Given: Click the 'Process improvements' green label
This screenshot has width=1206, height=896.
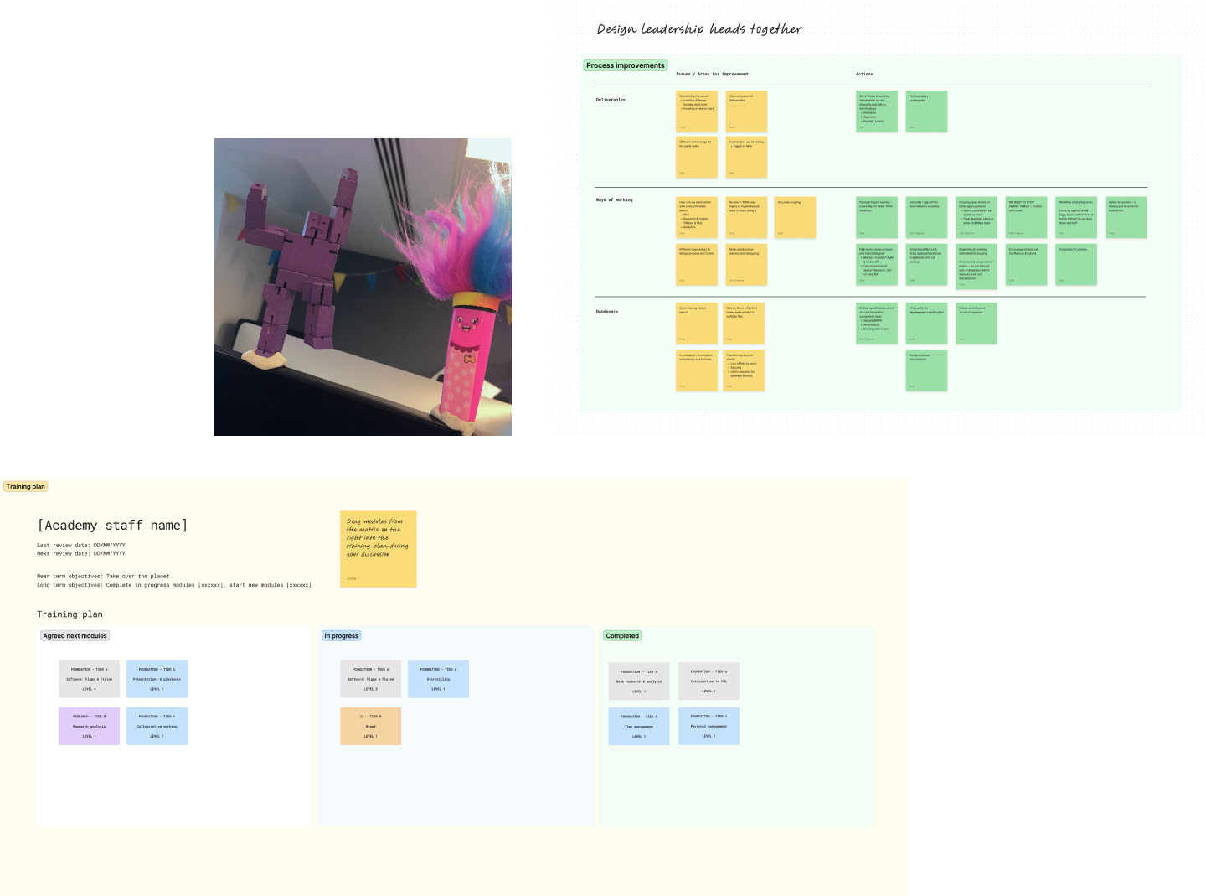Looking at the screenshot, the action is [x=625, y=65].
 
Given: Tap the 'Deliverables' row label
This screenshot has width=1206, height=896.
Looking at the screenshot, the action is [x=611, y=100].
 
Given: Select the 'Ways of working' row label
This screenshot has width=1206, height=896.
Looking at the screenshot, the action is [x=614, y=200].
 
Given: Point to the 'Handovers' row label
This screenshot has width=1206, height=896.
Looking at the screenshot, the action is [x=607, y=312].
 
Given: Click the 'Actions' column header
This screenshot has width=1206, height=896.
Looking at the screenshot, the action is [x=864, y=75].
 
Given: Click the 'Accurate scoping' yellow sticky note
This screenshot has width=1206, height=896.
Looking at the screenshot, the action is [x=795, y=217].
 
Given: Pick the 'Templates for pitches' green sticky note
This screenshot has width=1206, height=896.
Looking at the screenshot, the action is [x=1076, y=264].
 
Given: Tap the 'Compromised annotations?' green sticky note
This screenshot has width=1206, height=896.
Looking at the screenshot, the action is [x=926, y=370].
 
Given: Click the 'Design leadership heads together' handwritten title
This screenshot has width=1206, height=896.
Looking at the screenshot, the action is [x=698, y=29].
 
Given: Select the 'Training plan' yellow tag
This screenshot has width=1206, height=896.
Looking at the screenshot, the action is [x=25, y=487].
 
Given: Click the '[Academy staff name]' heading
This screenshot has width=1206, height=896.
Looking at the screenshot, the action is [x=112, y=526].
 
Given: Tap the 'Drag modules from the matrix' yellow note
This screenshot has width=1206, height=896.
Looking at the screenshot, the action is [x=378, y=549].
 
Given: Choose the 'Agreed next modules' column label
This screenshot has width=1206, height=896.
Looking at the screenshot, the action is [x=75, y=636].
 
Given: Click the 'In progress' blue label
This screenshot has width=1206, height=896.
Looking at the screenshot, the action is [x=341, y=636].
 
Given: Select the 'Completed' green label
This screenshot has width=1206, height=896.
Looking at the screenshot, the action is [x=622, y=636].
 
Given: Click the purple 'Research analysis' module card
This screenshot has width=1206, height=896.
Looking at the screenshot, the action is [x=89, y=726].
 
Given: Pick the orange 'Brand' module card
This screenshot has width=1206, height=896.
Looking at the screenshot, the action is [x=370, y=726].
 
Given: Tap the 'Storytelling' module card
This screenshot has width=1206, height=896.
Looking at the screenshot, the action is [x=438, y=679].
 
